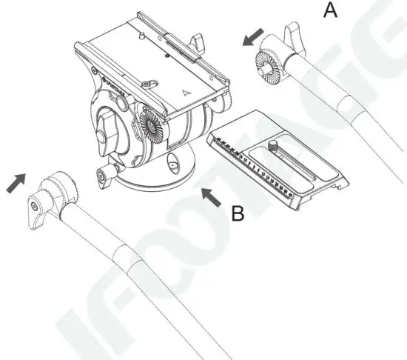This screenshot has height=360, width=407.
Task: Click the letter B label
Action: click(x=237, y=214)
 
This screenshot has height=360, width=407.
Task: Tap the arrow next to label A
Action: click(x=252, y=39)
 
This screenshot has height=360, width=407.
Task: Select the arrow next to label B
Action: click(x=211, y=196)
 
